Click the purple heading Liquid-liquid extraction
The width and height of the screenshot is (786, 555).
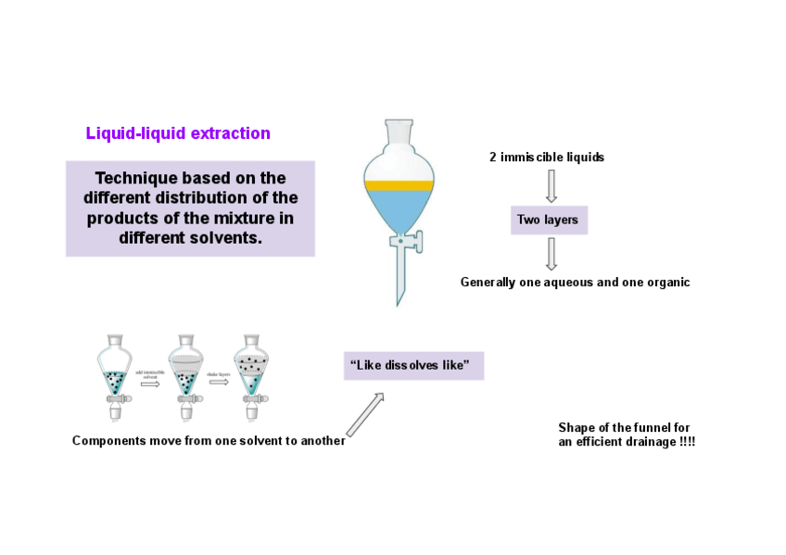[x=178, y=133]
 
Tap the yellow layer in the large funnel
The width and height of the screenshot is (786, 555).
[x=399, y=186]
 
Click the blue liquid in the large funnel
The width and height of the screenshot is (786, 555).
[x=399, y=209]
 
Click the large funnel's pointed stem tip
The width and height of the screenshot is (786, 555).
[x=399, y=298]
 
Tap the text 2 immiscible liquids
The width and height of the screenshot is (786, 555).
[x=547, y=158]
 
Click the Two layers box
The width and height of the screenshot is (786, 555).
[x=549, y=221]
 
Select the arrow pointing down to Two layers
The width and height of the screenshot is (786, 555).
[x=551, y=184]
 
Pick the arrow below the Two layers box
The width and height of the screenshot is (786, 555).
[x=551, y=252]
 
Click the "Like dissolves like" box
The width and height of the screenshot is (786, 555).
[x=413, y=365]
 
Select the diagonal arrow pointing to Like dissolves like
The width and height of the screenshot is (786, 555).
[x=365, y=413]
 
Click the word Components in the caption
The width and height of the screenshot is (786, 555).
[x=108, y=441]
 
